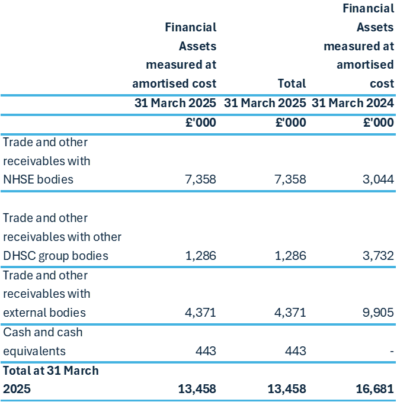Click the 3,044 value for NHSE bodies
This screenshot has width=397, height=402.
376,180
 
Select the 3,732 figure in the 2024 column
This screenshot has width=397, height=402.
376,256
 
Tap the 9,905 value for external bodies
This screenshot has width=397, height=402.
375,313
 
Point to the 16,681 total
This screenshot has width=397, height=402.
372,389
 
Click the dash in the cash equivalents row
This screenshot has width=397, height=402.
392,351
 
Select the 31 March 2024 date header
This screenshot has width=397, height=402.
353,103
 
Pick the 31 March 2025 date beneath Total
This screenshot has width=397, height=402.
265,103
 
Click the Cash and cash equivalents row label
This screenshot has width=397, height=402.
43,342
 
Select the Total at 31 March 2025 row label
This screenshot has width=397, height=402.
50,380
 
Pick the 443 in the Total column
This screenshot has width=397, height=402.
295,351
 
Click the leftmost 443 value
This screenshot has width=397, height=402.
205,351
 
